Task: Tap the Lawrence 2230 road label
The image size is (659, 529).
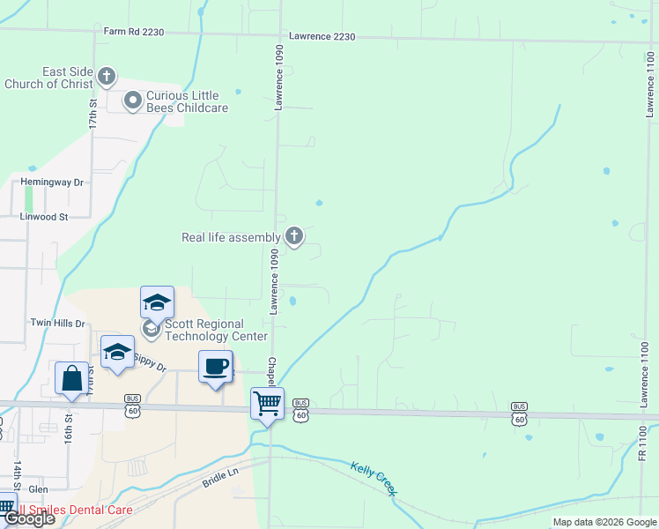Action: pos(321,37)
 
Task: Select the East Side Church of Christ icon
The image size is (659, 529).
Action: pos(106,77)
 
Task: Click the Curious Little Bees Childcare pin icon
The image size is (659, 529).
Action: pos(133,101)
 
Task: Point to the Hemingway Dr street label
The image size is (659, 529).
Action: pos(51,183)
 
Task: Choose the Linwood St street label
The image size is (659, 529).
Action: pos(43,216)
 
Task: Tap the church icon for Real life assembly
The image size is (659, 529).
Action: pos(294,236)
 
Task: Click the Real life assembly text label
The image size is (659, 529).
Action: pos(230,237)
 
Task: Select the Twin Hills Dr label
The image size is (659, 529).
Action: pos(56,324)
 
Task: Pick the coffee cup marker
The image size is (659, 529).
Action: pos(216,366)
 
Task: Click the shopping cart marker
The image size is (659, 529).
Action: pos(268,403)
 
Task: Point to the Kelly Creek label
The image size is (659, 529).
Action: pos(374,478)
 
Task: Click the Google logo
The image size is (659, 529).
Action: pos(29,518)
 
